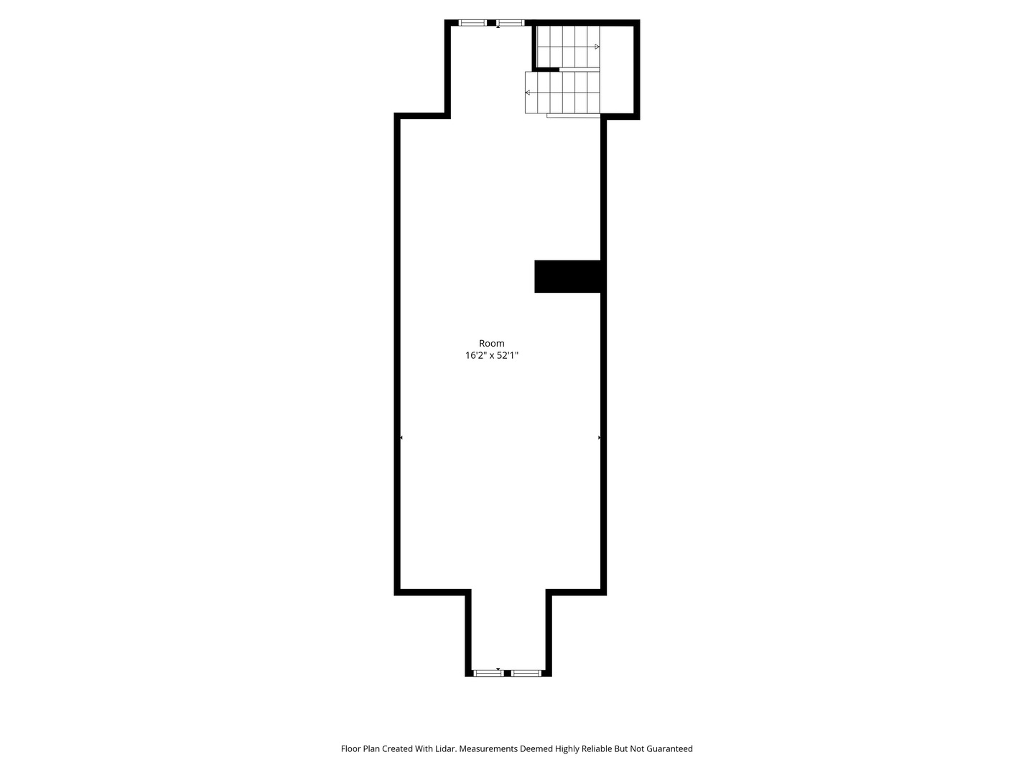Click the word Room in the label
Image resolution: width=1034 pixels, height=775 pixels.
(x=491, y=344)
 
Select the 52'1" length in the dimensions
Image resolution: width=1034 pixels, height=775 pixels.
(x=508, y=355)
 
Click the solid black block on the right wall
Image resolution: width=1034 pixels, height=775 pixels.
(x=568, y=276)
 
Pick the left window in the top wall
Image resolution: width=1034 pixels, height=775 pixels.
(x=472, y=22)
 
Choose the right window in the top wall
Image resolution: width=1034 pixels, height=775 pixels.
(x=510, y=22)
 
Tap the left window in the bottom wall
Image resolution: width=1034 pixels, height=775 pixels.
(x=488, y=673)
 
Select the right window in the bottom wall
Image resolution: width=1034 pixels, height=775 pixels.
(x=526, y=673)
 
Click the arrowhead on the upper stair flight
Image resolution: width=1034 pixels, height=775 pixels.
(x=597, y=47)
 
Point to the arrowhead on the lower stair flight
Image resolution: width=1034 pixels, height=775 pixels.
(x=528, y=93)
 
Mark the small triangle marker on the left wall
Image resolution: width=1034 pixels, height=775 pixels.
(x=401, y=438)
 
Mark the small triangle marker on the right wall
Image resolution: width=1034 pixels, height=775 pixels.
(x=599, y=438)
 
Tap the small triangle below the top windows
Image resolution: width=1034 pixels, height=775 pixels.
(x=498, y=27)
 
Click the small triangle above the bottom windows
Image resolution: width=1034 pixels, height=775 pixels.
(x=498, y=669)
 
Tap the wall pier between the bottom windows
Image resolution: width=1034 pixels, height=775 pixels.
(x=508, y=673)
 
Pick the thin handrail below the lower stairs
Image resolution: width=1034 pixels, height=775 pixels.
(x=573, y=116)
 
